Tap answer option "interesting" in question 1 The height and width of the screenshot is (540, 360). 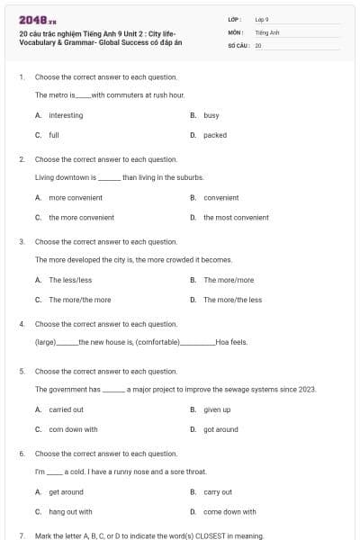(x=66, y=115)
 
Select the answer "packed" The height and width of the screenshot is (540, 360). (x=215, y=135)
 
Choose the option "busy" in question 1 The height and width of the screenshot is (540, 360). (x=211, y=115)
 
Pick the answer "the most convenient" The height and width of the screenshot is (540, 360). (x=236, y=217)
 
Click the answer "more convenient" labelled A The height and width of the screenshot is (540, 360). (x=69, y=197)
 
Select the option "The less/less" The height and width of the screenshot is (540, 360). (x=70, y=280)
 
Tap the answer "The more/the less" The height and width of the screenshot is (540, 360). (x=233, y=300)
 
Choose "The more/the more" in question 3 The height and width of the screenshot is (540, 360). (x=80, y=300)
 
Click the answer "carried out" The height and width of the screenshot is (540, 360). (x=67, y=409)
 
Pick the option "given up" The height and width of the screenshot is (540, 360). (x=217, y=409)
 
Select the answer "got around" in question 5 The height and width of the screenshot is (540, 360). (x=220, y=429)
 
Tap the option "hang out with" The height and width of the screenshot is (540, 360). (x=70, y=511)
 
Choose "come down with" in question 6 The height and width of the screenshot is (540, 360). (x=229, y=511)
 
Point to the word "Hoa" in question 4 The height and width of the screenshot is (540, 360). (x=222, y=342)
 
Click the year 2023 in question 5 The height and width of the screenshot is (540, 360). (x=309, y=390)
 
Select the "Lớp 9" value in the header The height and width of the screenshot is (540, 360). (x=262, y=19)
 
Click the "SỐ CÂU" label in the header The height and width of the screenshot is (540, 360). (x=238, y=44)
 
